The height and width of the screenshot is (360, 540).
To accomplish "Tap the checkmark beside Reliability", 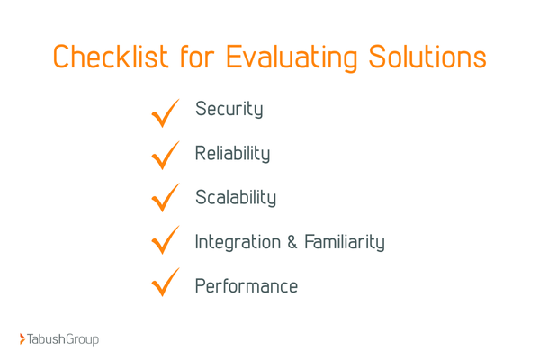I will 166,156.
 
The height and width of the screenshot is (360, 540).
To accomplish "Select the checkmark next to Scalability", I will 166,199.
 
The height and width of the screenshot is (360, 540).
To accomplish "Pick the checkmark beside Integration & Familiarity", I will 166,242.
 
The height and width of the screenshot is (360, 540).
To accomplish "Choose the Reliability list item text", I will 232,154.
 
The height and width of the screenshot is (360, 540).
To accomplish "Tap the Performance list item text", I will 246,287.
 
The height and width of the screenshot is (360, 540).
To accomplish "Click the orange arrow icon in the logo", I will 22,339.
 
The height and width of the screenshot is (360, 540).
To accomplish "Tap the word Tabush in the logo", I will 46,339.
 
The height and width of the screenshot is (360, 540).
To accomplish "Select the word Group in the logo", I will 82,340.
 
